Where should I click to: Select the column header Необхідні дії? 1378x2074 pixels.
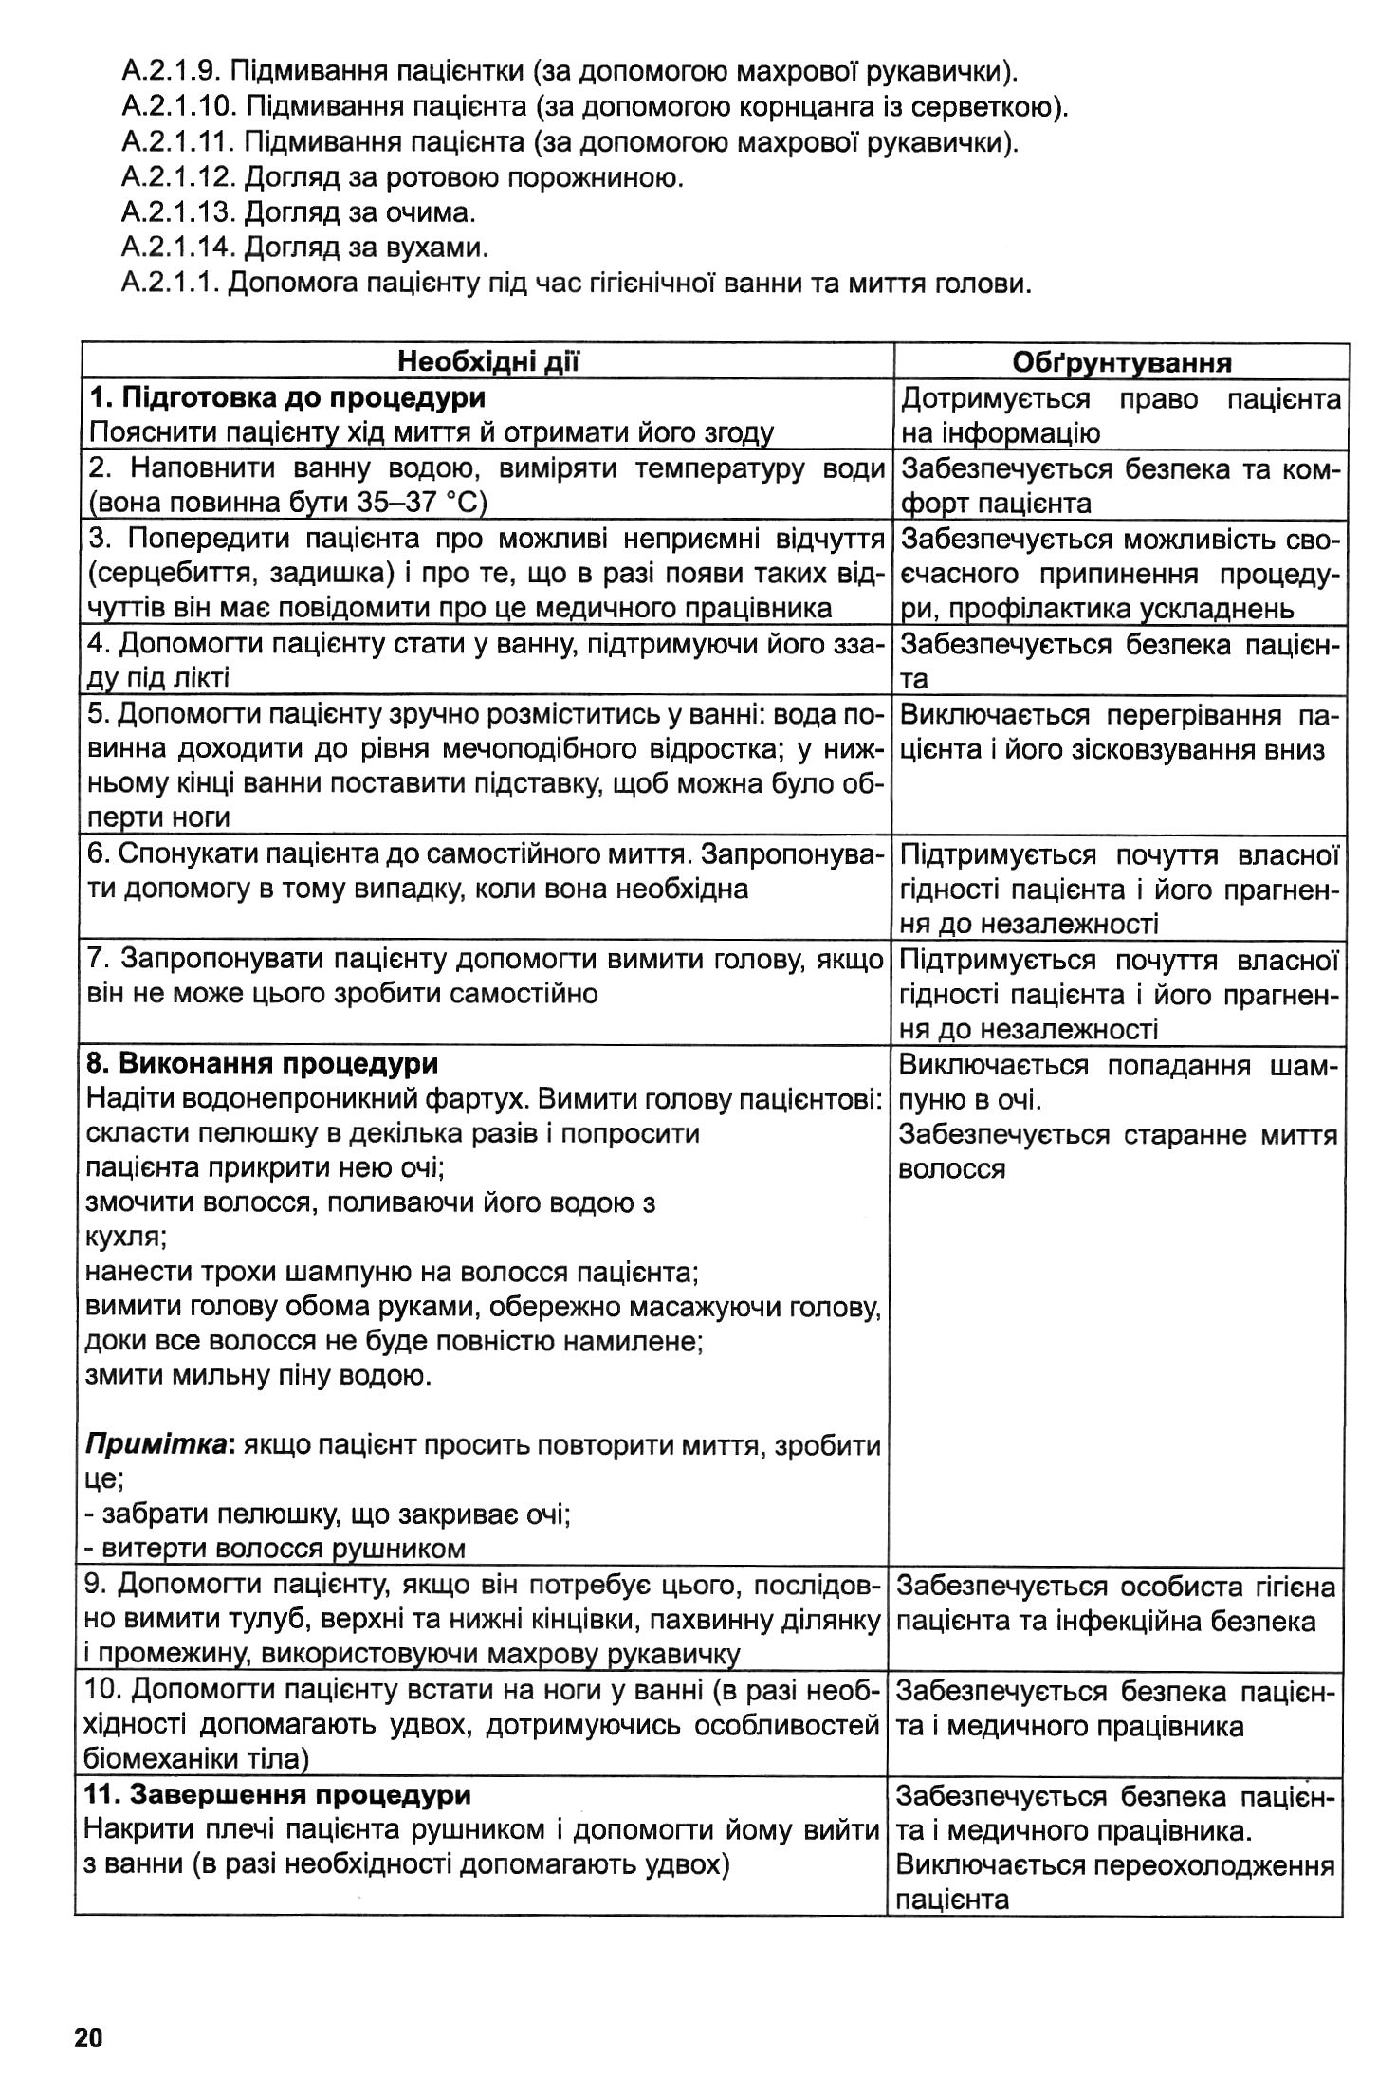coord(488,361)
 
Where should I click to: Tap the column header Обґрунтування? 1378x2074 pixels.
coord(1122,362)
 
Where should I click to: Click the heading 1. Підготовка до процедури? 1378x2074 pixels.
coord(287,397)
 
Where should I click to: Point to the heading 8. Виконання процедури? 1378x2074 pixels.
coord(262,1064)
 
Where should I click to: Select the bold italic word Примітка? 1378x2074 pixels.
coord(158,1445)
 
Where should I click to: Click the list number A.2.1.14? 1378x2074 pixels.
coord(178,248)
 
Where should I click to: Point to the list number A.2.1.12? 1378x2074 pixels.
coord(178,177)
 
